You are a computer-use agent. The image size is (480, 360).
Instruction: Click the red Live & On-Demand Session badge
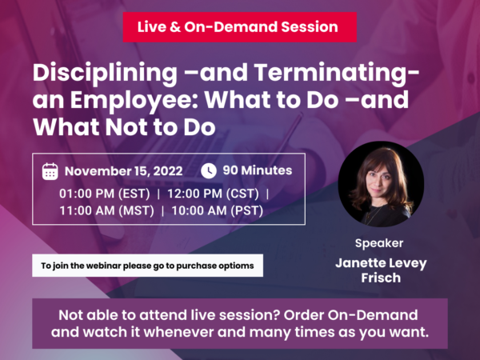click(239, 26)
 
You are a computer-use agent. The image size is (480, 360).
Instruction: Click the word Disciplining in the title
click(105, 73)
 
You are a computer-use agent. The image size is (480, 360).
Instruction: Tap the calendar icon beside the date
click(50, 171)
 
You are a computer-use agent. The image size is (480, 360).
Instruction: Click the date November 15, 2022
click(124, 171)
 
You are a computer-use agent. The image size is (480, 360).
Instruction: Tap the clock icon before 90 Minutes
click(208, 170)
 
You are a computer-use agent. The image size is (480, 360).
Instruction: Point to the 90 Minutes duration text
click(257, 170)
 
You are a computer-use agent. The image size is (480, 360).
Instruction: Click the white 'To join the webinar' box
click(147, 265)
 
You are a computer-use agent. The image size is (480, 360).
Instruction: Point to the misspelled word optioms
click(238, 265)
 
